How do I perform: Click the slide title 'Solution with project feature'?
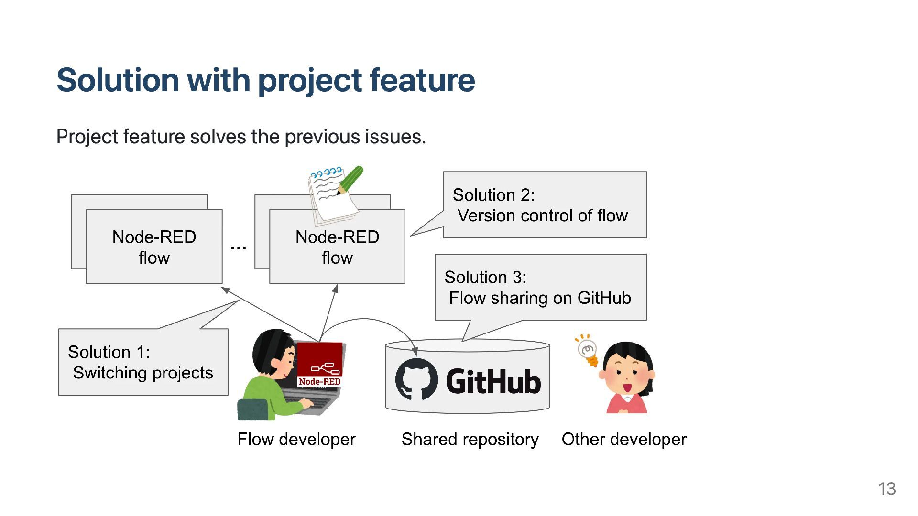(266, 80)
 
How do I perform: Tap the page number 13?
(887, 489)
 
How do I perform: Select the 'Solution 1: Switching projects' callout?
(143, 362)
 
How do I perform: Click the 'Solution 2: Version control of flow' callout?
(545, 205)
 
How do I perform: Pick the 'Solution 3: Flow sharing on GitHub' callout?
(540, 287)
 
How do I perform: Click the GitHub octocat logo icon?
(416, 379)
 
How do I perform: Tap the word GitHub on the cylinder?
(493, 381)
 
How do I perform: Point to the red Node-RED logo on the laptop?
(320, 365)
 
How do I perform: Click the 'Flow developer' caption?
(296, 440)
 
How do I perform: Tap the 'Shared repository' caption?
(470, 440)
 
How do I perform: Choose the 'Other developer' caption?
(624, 440)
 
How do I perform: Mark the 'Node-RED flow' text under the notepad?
(337, 247)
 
